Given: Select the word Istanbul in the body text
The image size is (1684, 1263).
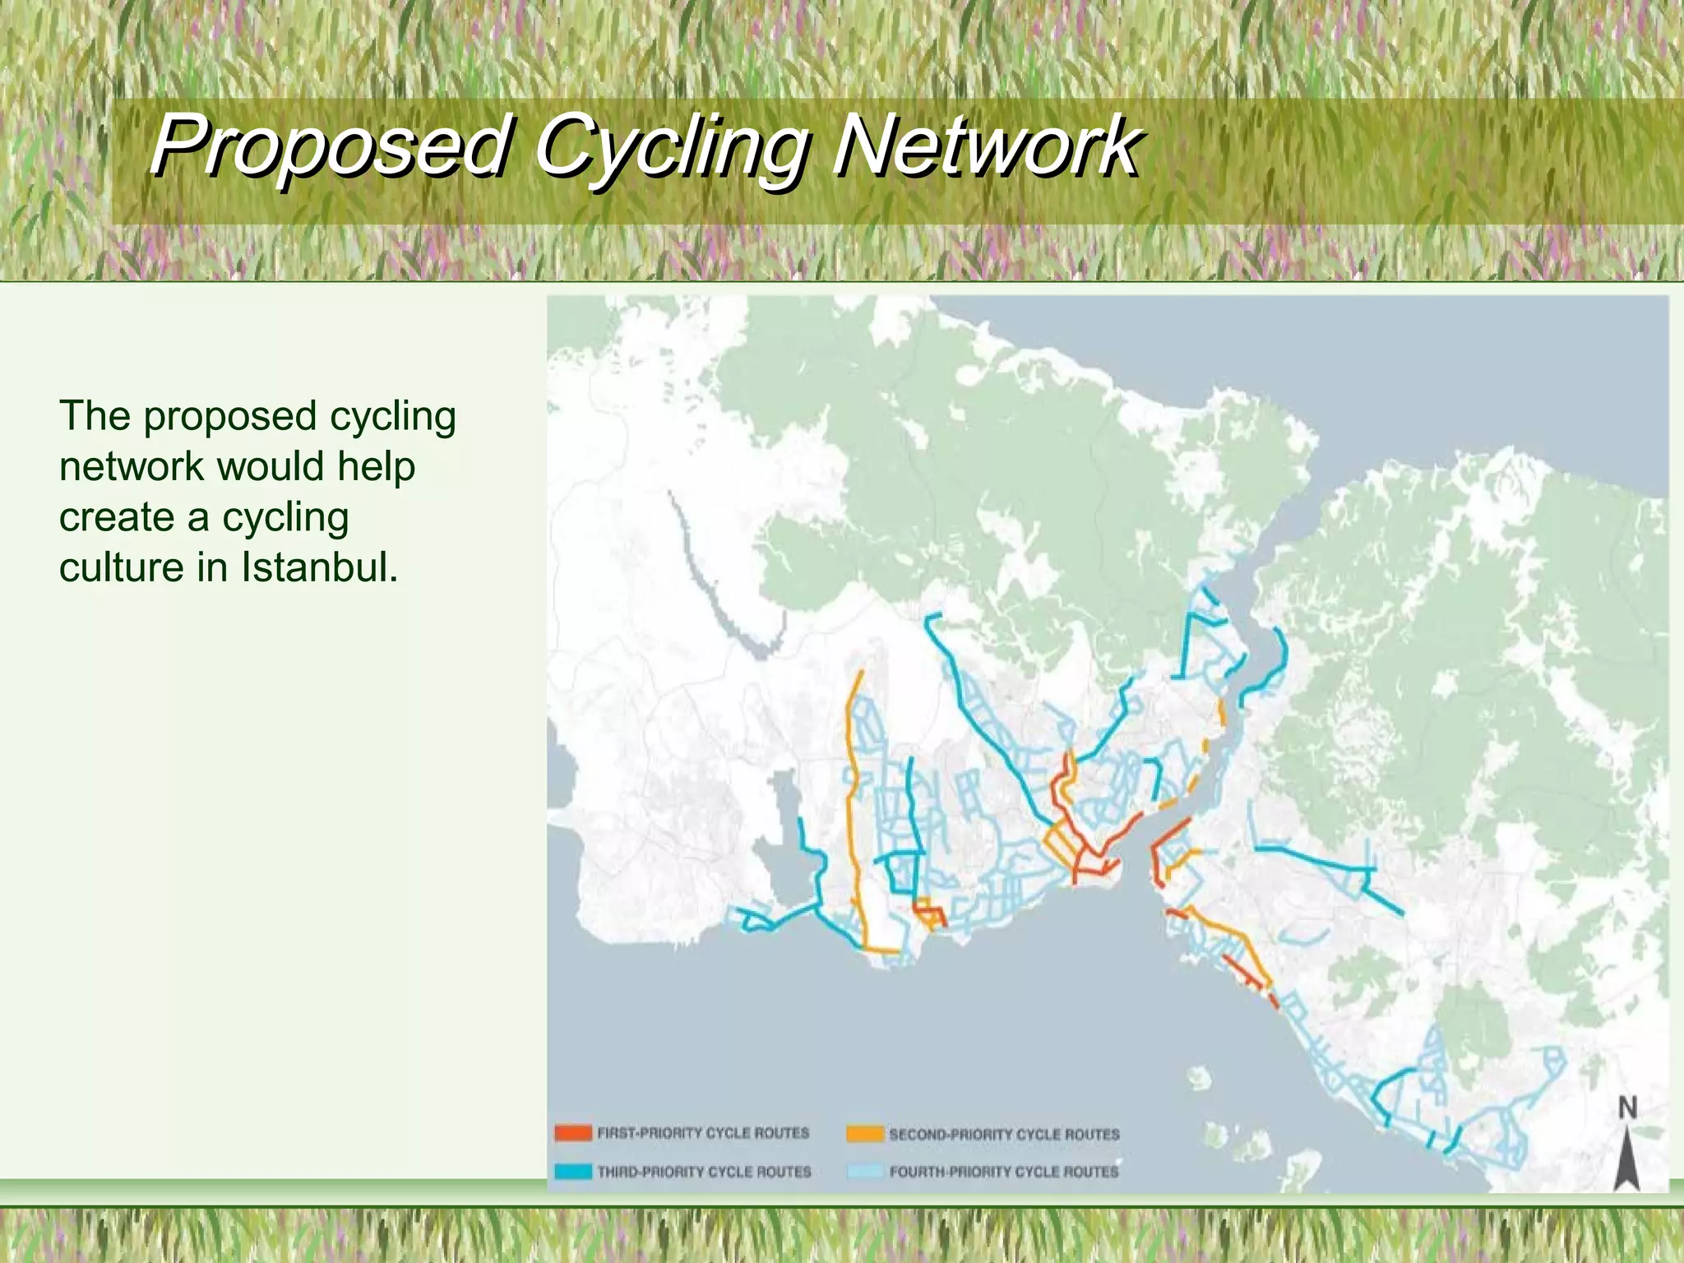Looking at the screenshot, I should pos(319,567).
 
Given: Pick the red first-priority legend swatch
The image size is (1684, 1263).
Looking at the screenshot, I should pos(573,1133).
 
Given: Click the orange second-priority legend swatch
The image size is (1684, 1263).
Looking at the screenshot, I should pos(865,1134).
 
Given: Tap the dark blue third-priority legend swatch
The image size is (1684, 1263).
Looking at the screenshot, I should pos(573,1172).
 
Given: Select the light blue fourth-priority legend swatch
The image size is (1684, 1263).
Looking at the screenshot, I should pos(865,1172).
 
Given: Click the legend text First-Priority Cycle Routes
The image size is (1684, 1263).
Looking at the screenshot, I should pos(703,1133).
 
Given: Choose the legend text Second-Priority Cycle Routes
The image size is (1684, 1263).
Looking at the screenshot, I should pos(1004,1135).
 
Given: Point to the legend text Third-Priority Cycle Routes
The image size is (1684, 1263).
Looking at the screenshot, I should pos(704,1172).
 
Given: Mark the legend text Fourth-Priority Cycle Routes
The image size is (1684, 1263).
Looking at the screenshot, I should pos(1004,1172).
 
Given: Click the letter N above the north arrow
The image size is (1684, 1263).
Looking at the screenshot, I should pos(1627,1108).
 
